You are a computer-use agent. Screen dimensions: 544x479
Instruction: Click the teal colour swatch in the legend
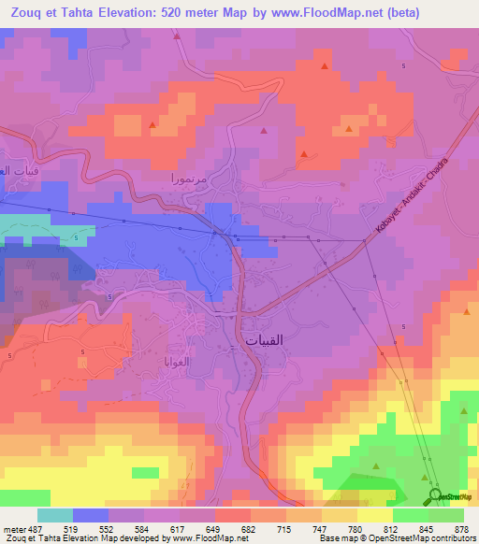click(55, 515)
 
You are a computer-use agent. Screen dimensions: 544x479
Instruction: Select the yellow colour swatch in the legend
click(374, 515)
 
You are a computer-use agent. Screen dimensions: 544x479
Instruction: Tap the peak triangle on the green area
click(375, 465)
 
